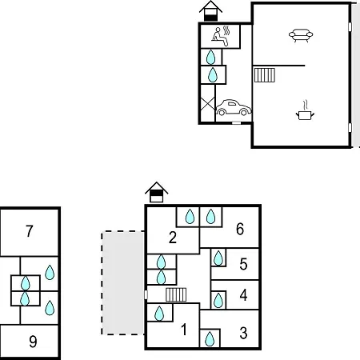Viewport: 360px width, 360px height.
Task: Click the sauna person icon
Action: (221, 36)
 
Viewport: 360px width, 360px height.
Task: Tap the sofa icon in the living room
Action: (301, 35)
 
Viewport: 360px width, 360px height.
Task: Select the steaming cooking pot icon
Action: (305, 110)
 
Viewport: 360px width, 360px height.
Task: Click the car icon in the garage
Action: (234, 108)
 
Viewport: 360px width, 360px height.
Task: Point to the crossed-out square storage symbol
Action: (207, 104)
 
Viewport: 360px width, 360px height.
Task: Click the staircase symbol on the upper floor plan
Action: (264, 75)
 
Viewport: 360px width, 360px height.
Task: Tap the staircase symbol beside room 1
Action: (176, 294)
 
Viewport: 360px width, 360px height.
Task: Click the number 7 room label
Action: (30, 231)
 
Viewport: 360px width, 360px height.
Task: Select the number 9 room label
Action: (33, 342)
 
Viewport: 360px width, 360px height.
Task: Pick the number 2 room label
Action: (173, 238)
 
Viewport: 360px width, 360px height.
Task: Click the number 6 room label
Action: (240, 229)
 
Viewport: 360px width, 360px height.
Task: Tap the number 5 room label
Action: (243, 264)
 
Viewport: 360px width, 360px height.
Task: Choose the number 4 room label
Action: (243, 295)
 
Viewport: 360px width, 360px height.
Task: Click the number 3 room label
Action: (243, 333)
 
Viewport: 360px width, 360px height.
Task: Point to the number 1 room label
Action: (184, 330)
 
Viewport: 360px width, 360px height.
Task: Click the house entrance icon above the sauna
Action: (210, 11)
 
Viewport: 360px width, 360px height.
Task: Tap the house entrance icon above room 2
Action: (157, 192)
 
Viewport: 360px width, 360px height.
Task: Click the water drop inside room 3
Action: (210, 339)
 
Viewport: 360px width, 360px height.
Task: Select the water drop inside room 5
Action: (218, 258)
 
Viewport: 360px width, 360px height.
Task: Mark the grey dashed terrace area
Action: (123, 282)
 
